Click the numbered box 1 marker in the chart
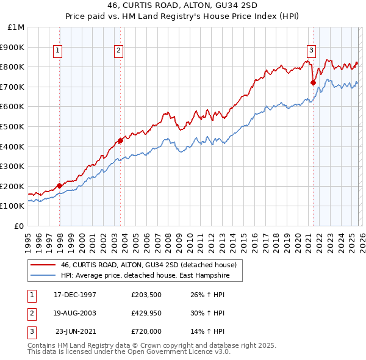tap(57, 51)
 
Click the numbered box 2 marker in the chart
tap(118, 51)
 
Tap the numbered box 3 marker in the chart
tap(311, 51)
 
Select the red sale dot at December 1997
tap(60, 185)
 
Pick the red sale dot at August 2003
tap(120, 140)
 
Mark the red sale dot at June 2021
tap(313, 82)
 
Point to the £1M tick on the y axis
tap(16, 27)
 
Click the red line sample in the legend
tap(43, 265)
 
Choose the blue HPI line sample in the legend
tap(43, 275)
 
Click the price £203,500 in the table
tap(146, 294)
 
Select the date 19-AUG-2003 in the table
tap(75, 313)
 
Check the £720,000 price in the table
tap(146, 332)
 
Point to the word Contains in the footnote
tap(41, 345)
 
